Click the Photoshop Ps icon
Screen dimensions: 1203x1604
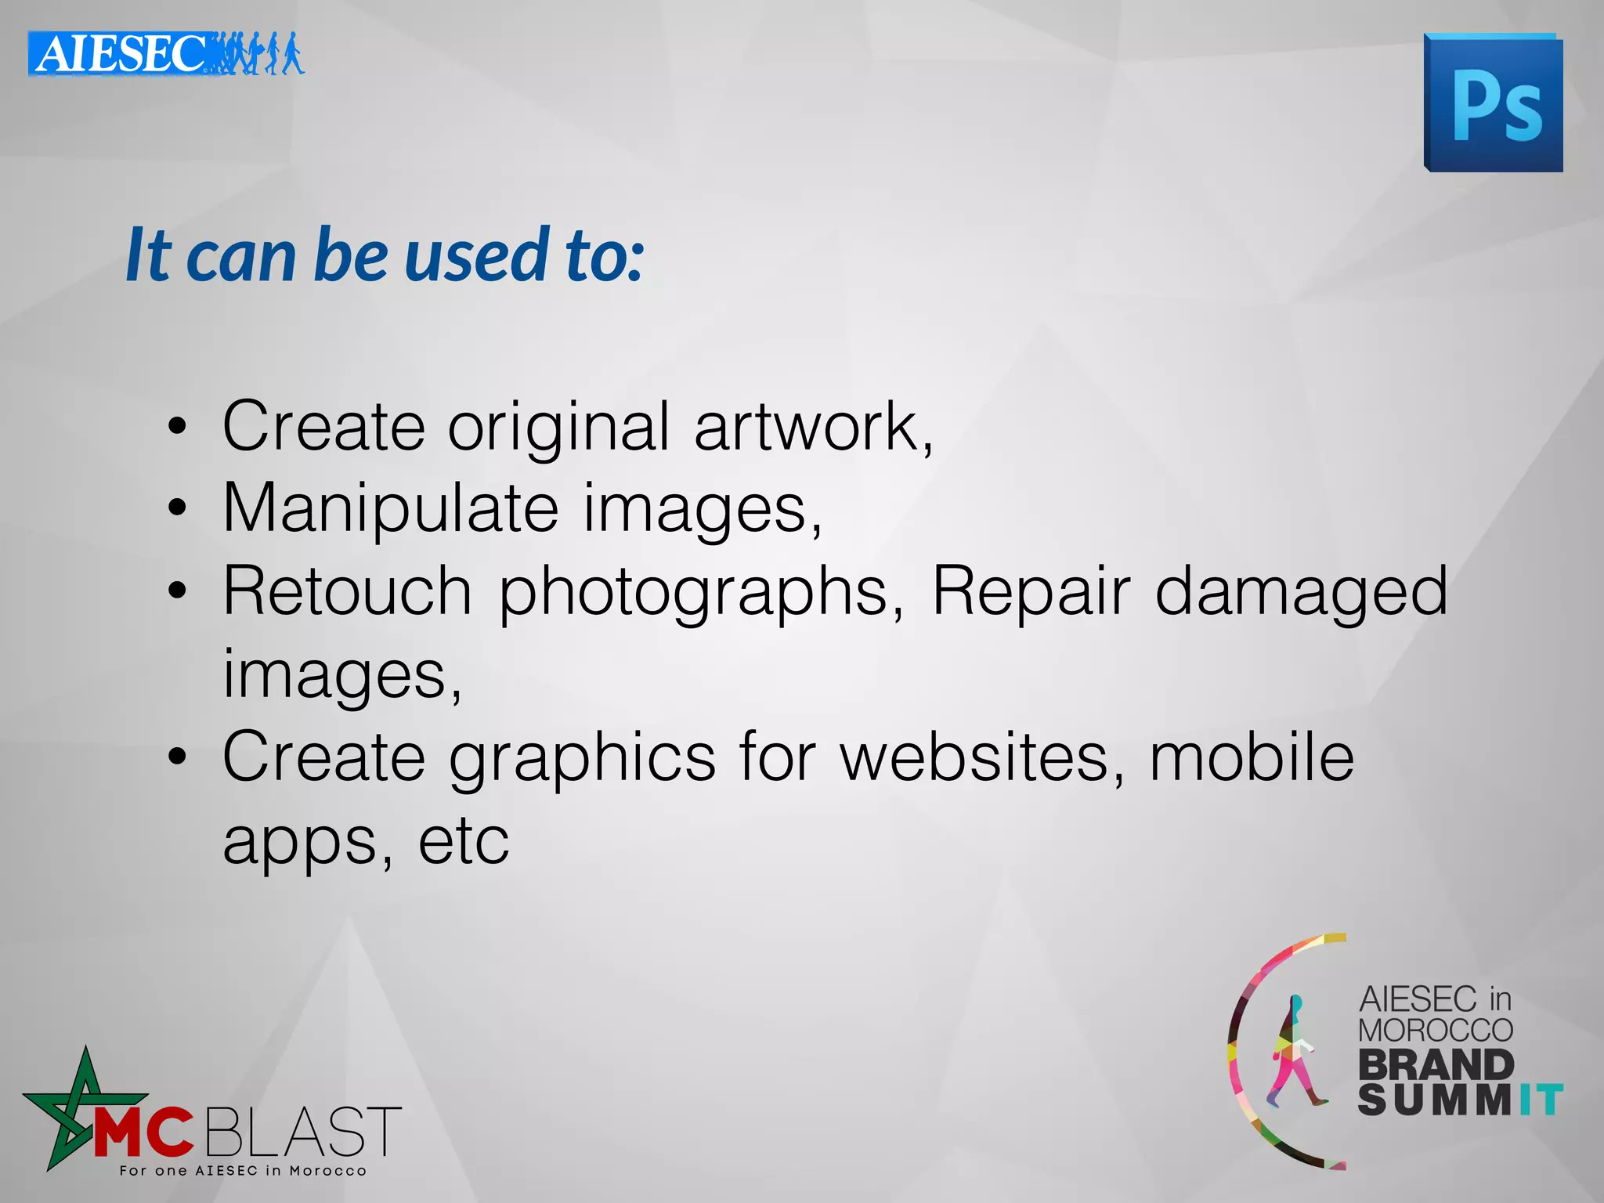tap(1494, 103)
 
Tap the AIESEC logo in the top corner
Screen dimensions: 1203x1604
tap(165, 53)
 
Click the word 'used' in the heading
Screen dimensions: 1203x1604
tap(476, 255)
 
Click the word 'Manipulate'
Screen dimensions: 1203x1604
tap(390, 509)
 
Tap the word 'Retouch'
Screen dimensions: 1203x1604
tap(347, 591)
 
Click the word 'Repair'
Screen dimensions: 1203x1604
tap(1031, 591)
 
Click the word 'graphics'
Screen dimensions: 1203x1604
tap(582, 758)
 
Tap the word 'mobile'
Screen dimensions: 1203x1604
tap(1251, 757)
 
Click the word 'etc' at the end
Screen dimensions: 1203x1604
tap(464, 841)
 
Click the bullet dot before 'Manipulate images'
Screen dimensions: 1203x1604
tap(178, 508)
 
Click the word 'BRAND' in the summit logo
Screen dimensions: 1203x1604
tap(1436, 1064)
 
